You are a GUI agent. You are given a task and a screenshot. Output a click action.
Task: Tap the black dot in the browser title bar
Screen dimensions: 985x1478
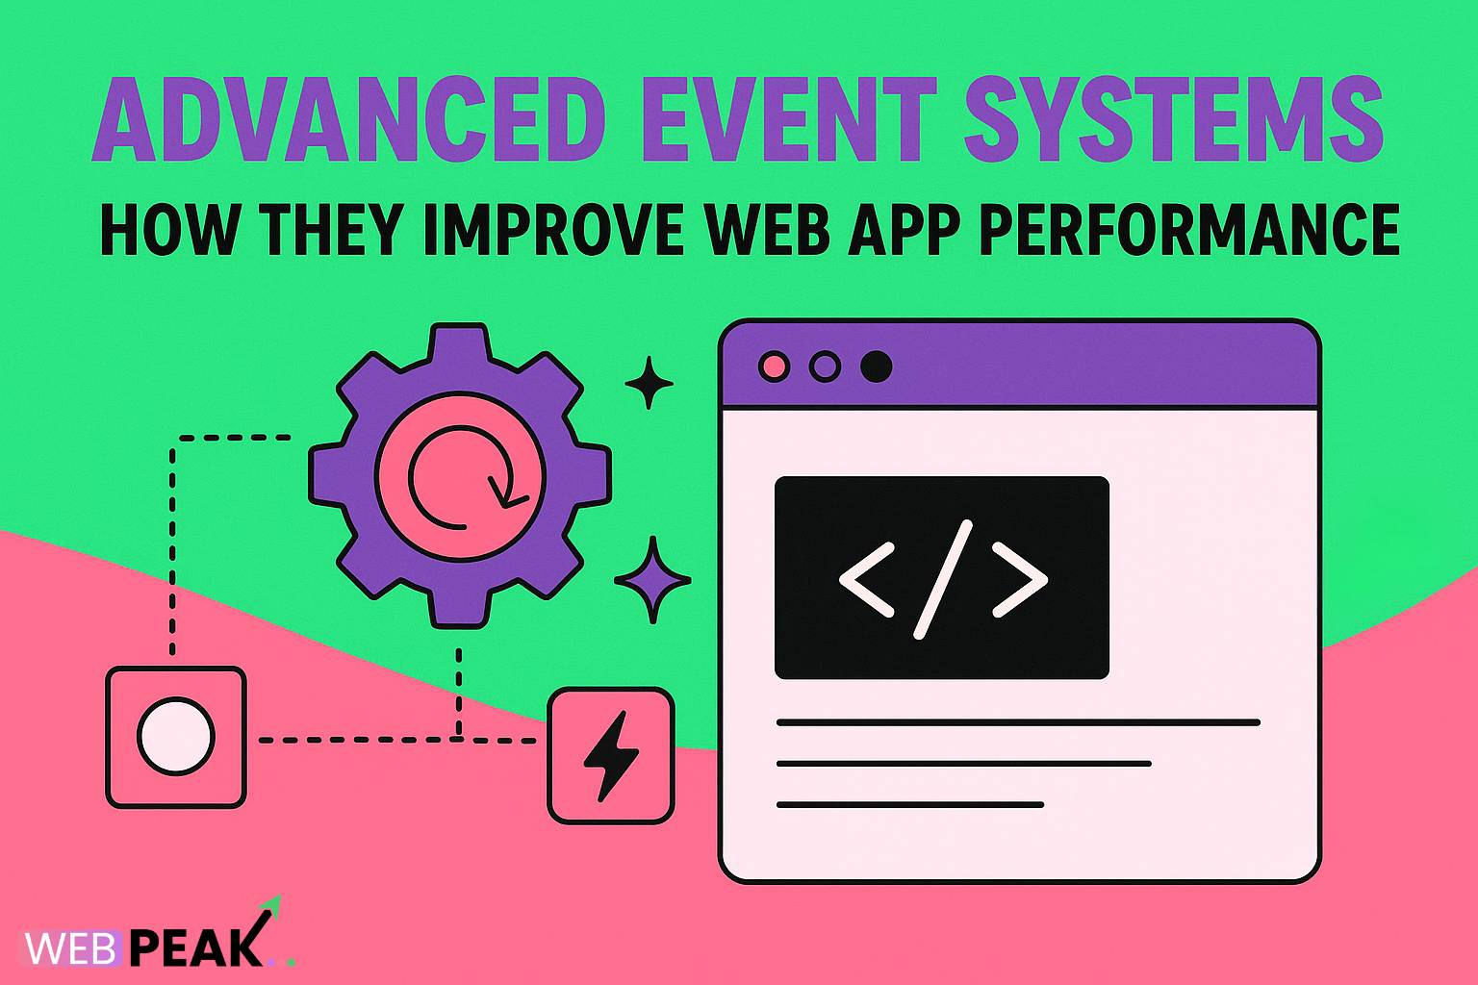coord(876,366)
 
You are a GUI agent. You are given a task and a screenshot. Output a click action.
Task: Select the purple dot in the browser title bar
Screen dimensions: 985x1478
coord(825,366)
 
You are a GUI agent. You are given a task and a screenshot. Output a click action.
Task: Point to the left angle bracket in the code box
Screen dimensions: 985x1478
coord(867,579)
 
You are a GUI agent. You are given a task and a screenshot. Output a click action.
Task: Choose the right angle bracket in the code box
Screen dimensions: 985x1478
coord(1019,579)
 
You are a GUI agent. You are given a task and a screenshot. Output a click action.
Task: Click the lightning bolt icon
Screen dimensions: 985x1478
coord(610,756)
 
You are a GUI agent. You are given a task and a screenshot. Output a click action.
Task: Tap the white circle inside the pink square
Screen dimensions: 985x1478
coord(175,737)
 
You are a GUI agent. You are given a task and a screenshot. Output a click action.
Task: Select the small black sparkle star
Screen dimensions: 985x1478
coord(649,383)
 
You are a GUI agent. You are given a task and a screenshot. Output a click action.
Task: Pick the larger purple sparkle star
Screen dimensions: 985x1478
coord(652,580)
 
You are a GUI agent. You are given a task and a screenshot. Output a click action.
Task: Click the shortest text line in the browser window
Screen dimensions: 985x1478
coord(909,804)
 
